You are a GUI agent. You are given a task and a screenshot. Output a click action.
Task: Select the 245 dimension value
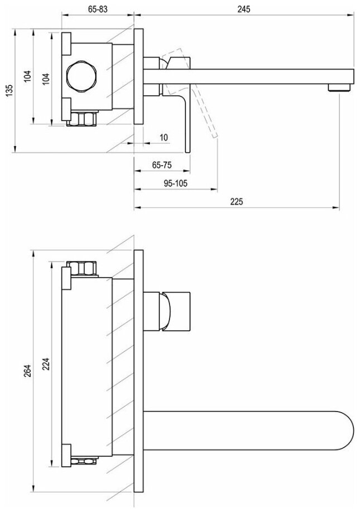click(x=243, y=9)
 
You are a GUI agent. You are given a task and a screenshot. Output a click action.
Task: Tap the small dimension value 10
click(x=163, y=137)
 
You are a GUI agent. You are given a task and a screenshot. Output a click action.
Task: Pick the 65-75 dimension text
click(x=161, y=165)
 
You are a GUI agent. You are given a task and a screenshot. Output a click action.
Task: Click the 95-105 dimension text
click(x=176, y=184)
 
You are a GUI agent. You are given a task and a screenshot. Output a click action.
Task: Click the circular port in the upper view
click(x=80, y=77)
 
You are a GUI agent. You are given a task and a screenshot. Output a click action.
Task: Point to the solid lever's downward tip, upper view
click(x=188, y=146)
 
